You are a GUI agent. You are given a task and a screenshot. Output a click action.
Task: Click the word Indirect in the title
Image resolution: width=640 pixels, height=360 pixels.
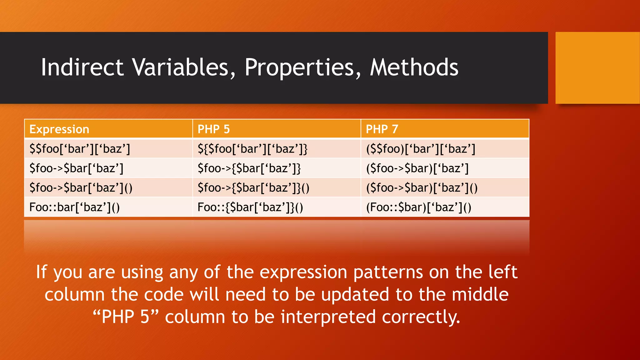point(82,67)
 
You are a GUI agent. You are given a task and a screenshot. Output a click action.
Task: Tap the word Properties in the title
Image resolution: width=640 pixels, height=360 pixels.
point(303,67)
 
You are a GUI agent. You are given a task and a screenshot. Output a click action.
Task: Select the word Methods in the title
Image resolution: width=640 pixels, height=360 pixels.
point(414,67)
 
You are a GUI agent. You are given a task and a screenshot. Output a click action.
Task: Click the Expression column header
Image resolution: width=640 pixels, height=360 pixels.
point(59,129)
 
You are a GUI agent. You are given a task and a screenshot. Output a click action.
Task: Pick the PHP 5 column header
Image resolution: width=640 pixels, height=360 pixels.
point(214,129)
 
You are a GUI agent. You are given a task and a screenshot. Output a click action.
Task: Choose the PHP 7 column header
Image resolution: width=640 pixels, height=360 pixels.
point(382,129)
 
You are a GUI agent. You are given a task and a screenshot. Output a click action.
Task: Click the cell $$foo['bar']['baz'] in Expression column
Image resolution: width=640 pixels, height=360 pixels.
point(80,149)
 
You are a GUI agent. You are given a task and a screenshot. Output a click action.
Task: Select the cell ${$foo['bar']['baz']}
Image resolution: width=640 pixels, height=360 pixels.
point(252,149)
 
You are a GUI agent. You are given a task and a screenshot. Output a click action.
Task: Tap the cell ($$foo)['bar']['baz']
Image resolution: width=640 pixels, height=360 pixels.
point(421,149)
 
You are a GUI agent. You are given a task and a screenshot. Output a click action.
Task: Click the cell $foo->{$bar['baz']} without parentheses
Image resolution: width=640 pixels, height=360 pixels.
point(249,168)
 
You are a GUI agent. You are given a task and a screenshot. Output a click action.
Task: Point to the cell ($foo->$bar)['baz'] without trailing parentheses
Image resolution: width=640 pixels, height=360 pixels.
point(417,168)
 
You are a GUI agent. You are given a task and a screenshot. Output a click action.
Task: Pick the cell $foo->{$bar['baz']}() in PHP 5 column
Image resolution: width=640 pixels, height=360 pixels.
point(253,188)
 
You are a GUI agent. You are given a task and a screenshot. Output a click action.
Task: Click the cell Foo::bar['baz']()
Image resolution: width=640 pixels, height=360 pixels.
point(74,207)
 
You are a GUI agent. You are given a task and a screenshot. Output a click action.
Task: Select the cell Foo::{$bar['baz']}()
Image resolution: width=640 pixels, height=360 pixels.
point(250,207)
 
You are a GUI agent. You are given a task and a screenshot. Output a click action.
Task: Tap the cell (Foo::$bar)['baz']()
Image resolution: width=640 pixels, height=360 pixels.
point(418,207)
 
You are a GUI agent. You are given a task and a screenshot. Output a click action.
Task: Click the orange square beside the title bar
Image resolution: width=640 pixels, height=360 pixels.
point(597,68)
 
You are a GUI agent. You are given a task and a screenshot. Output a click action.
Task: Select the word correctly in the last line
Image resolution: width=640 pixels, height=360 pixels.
point(421,317)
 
